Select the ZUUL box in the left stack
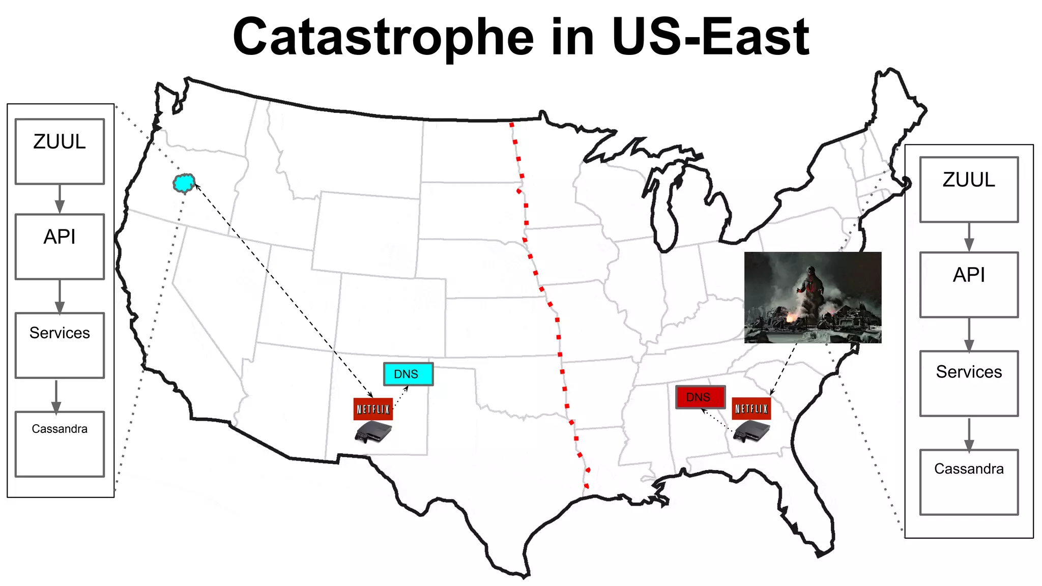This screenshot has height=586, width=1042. tap(60, 152)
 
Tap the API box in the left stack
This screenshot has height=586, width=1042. tap(60, 247)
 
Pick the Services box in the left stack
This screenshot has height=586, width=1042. tap(60, 345)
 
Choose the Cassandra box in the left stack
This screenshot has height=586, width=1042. tap(60, 444)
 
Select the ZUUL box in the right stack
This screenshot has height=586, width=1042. tap(969, 190)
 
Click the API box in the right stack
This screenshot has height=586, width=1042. tap(969, 285)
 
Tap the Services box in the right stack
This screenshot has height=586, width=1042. tap(969, 384)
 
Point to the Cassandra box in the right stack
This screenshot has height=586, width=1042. tap(969, 482)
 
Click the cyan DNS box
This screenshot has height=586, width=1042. tap(408, 374)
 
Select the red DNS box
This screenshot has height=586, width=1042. tap(700, 397)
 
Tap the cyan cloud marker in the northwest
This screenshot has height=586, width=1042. tap(184, 183)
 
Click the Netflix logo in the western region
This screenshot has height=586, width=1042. tap(373, 409)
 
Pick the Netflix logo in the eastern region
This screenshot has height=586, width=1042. tap(751, 408)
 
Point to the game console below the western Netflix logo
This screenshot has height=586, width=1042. tap(373, 432)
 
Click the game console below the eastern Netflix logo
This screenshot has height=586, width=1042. tap(752, 432)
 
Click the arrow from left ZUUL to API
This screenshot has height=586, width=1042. tap(60, 199)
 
